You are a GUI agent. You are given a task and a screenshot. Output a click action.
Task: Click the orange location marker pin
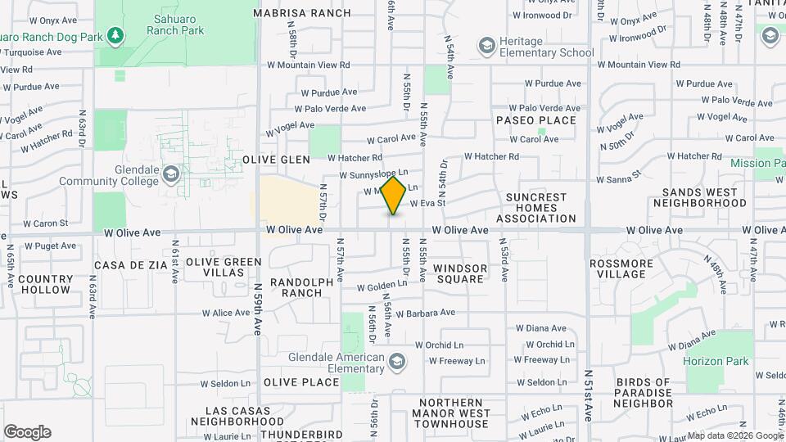[394, 196]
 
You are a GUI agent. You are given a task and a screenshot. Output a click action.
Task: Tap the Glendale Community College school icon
[171, 174]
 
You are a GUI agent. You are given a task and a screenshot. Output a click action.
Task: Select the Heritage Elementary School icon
[487, 44]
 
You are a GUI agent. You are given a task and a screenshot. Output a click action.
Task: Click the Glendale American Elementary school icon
[396, 360]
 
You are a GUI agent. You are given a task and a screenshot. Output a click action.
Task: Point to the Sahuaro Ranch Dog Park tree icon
[116, 36]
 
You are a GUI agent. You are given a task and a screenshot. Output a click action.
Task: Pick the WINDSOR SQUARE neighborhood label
[459, 273]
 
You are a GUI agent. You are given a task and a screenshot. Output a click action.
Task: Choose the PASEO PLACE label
[536, 120]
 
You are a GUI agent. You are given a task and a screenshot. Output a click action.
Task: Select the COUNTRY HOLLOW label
[44, 284]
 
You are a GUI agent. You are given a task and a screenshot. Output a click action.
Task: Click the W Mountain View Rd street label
[309, 65]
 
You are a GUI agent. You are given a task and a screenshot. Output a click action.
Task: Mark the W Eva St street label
[427, 203]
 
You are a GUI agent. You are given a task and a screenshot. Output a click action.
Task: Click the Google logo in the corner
[27, 432]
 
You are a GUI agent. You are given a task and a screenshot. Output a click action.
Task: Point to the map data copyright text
[734, 435]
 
